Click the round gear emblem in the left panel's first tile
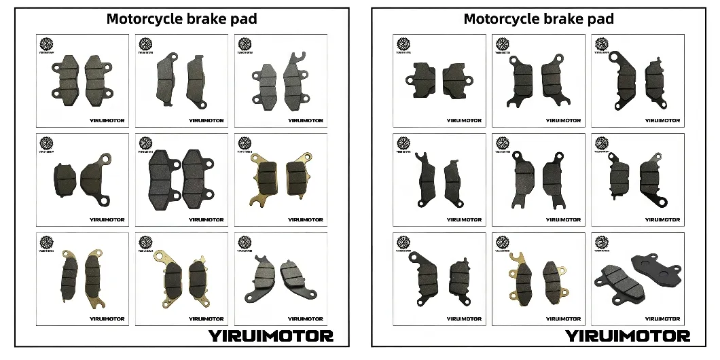(47, 44)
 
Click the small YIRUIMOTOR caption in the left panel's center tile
(206, 219)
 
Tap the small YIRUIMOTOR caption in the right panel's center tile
(563, 219)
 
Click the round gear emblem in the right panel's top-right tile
(601, 44)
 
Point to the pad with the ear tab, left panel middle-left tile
(95, 178)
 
